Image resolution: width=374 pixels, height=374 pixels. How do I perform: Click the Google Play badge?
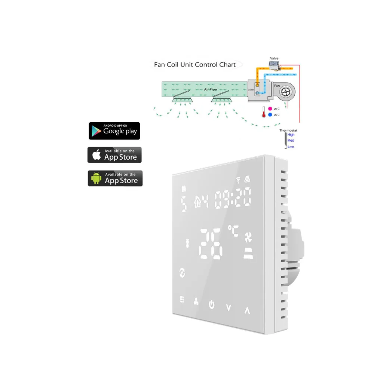tap(114, 131)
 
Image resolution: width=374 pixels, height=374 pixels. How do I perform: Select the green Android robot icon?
tap(96, 178)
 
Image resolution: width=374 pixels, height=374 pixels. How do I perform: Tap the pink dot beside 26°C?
tap(269, 109)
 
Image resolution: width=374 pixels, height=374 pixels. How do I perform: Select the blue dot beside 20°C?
tap(269, 115)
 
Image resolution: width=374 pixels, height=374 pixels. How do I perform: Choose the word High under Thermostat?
tap(291, 135)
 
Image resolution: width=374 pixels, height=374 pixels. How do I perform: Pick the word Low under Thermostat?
tap(291, 147)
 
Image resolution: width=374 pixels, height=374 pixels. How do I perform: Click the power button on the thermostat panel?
tap(212, 304)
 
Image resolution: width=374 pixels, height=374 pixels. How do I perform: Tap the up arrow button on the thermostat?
tap(247, 310)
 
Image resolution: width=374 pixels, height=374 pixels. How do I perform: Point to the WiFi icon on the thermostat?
tap(238, 181)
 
